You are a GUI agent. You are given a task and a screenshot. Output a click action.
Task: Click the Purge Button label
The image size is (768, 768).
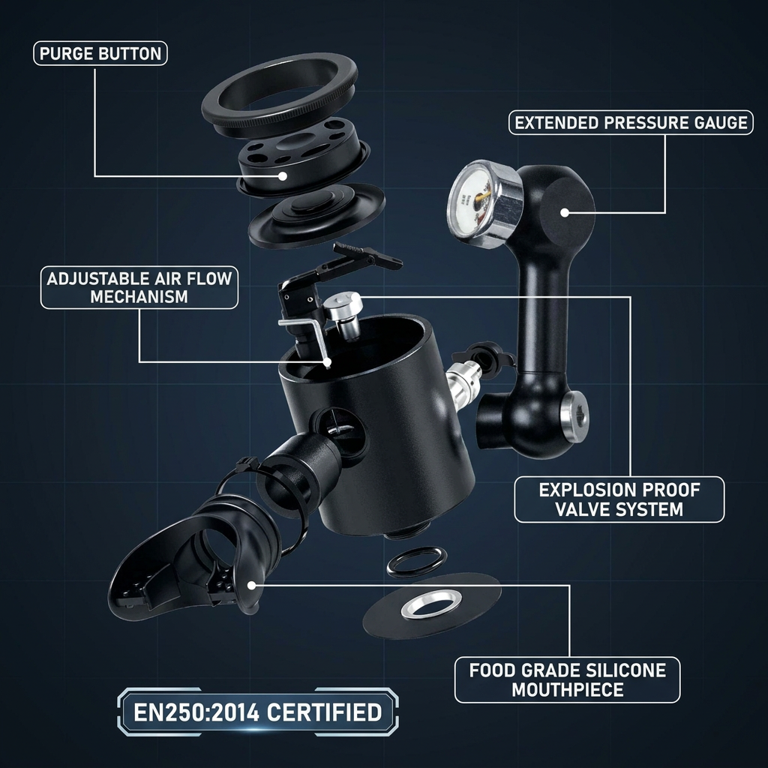100,53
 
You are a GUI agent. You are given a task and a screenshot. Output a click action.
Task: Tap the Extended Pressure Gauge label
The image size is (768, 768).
631,122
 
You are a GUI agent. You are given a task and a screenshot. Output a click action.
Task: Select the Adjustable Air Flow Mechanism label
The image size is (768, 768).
139,287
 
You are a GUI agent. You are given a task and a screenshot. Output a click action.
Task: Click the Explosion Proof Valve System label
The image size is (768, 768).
619,499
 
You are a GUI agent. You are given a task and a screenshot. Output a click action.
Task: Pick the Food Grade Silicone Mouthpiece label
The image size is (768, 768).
567,679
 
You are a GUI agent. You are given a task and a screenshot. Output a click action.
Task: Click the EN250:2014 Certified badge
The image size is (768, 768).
258,712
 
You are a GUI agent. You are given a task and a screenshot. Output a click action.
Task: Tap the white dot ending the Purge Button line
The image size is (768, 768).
283,175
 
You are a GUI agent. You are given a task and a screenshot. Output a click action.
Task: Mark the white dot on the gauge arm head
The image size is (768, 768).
565,212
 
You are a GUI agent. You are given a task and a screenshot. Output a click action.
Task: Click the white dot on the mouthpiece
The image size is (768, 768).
251,585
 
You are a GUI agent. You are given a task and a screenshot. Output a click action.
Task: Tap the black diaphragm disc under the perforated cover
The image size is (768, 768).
316,214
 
